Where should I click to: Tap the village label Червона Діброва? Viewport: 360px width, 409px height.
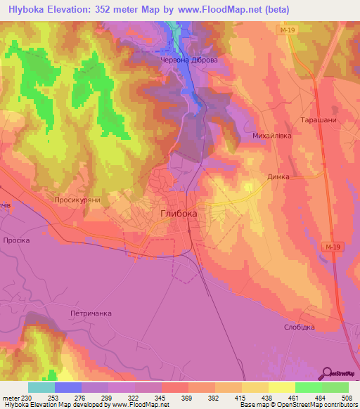(x=184, y=60)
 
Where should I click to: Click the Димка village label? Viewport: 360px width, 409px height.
(x=278, y=177)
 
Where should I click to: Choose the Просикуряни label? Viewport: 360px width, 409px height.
(x=78, y=200)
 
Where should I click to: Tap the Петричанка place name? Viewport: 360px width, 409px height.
(x=91, y=313)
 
